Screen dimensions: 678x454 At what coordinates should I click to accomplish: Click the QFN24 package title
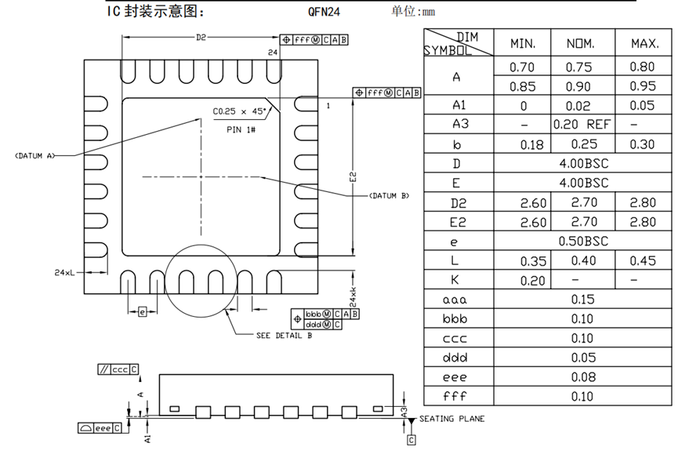tap(324, 12)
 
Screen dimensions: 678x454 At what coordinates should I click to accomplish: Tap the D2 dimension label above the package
tap(201, 38)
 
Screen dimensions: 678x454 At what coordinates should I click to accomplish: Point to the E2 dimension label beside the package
tap(354, 177)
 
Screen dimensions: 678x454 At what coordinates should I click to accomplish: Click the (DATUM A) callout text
tap(35, 156)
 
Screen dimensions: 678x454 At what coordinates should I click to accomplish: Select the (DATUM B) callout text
tap(389, 196)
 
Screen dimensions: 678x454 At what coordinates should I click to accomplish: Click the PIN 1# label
tap(241, 129)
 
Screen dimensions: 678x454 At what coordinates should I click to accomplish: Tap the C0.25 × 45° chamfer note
tap(239, 111)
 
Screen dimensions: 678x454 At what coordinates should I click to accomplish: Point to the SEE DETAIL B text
tap(284, 336)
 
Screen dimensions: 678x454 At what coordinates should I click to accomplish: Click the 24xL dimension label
tap(64, 272)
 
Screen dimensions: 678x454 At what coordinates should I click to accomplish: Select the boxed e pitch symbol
tap(142, 311)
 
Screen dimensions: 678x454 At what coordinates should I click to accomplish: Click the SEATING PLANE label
tap(451, 419)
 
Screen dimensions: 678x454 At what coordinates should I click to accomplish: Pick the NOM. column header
tap(581, 44)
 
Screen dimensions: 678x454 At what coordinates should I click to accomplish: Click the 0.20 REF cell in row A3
tap(582, 125)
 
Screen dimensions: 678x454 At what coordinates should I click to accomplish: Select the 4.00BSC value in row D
tap(584, 163)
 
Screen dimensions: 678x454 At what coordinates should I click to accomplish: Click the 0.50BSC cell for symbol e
tap(583, 241)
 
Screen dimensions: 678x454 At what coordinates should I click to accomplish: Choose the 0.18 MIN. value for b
tap(532, 144)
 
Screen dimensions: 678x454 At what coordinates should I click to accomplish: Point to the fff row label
tap(455, 396)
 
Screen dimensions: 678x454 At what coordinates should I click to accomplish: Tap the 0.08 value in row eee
tap(583, 377)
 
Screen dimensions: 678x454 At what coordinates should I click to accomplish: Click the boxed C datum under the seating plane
tap(412, 440)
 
